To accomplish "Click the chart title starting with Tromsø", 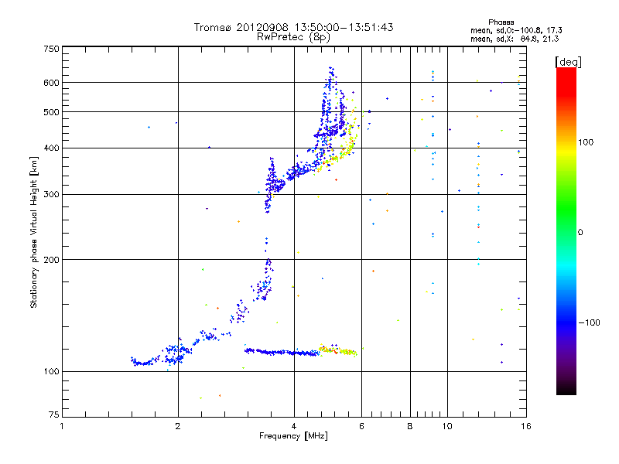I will (293, 27).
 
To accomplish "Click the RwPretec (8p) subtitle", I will (293, 36).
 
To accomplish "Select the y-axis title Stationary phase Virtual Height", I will (34, 232).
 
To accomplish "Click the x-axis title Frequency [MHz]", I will (293, 436).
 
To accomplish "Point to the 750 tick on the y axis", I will (51, 49).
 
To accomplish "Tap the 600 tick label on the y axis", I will (51, 83).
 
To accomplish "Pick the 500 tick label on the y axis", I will (51, 112).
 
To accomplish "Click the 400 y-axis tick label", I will (51, 148).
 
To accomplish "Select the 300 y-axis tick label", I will (51, 194).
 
